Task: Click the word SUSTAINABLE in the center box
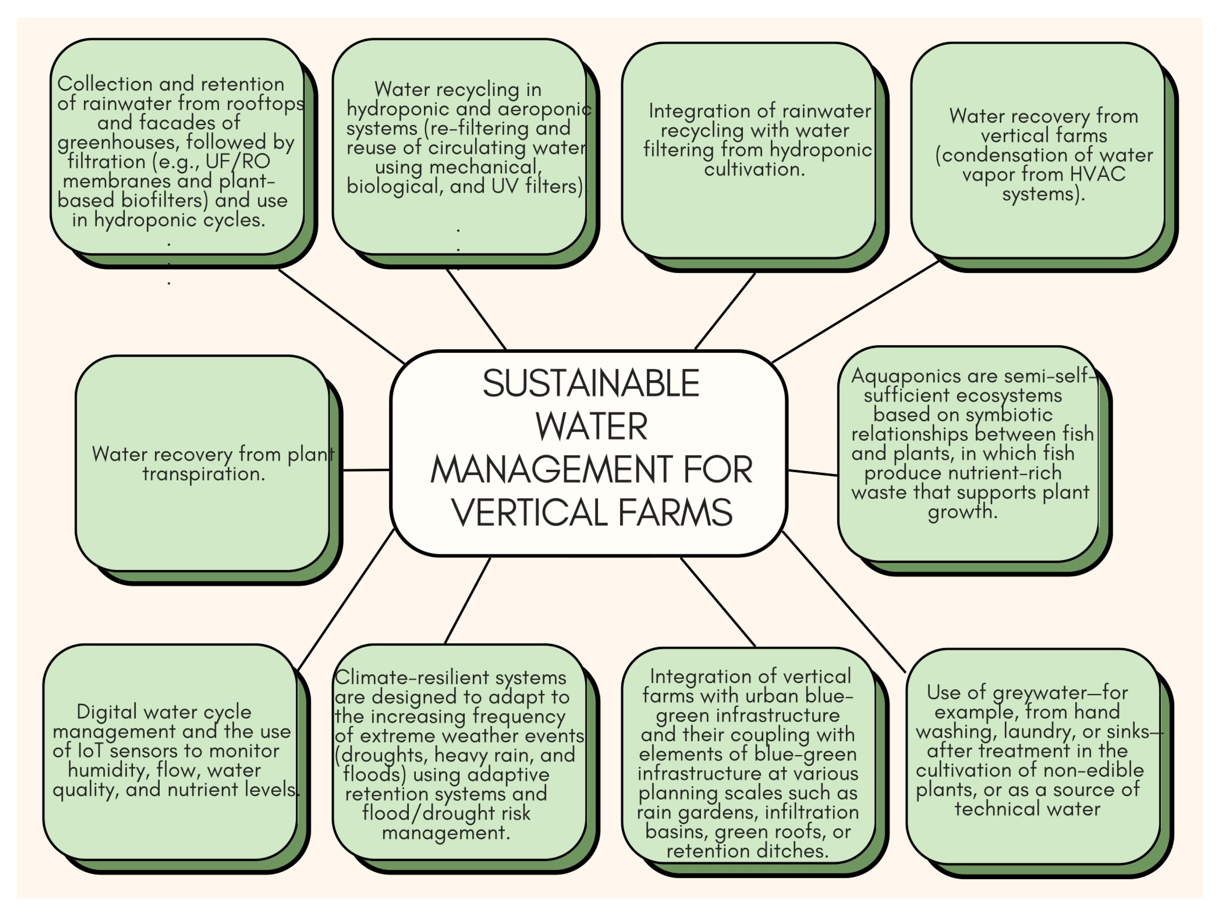[591, 384]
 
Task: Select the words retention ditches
[747, 851]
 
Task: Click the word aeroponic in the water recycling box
[544, 109]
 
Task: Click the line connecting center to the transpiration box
[366, 470]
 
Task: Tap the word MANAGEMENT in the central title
[551, 470]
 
